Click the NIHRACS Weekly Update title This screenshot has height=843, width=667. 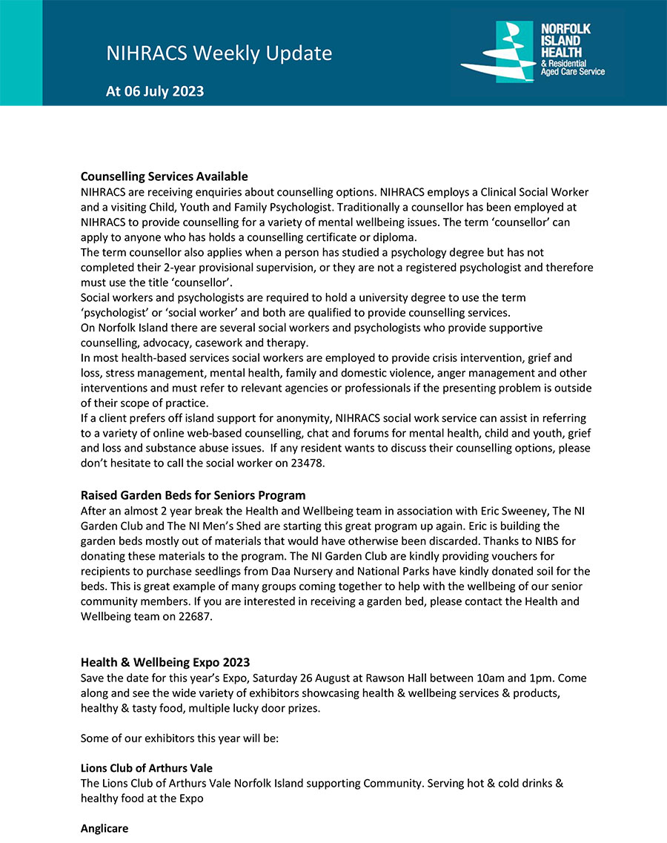pos(219,53)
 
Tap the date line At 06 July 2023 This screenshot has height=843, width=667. pos(155,92)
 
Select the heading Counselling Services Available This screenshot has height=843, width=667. pos(164,176)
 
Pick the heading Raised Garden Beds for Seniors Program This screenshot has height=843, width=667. pos(193,495)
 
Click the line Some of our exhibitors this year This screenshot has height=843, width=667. pos(179,738)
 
